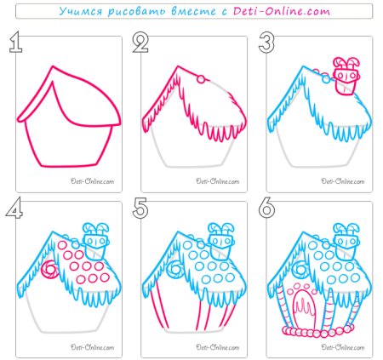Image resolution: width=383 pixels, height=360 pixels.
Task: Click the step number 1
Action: (16, 42)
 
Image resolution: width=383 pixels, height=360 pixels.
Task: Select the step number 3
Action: (266, 42)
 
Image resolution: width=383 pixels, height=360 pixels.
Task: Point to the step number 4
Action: (14, 208)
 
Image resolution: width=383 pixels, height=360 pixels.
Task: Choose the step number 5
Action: (140, 208)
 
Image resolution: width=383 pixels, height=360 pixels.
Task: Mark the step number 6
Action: (266, 208)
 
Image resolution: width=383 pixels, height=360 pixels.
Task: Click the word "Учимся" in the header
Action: (81, 11)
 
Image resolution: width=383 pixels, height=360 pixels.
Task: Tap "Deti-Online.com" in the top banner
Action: (282, 11)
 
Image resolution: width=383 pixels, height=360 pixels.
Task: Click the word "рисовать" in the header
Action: (137, 12)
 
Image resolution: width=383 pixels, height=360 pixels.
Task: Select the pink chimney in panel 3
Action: (346, 76)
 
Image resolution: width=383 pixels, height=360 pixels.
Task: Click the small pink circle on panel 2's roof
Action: (201, 79)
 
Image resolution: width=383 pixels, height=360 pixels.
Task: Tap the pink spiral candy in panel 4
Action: (50, 270)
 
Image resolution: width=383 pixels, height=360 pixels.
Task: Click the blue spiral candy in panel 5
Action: (175, 270)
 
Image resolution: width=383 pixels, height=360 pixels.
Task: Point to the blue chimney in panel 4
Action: (95, 241)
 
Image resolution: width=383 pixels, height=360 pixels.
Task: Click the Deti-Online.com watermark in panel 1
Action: (92, 181)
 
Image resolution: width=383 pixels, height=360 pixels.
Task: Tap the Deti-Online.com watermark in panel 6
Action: (343, 347)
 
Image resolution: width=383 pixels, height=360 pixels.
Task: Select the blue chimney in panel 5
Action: (221, 241)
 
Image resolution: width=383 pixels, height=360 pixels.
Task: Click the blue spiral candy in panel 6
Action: (300, 270)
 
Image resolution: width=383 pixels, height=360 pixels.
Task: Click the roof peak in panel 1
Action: (53, 66)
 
